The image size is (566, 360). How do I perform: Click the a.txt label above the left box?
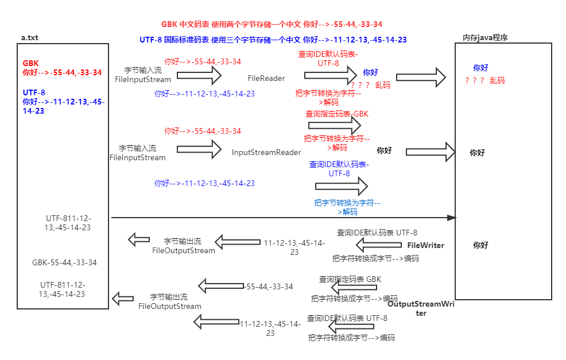coord(29,38)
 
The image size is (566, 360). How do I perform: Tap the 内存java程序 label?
coord(485,38)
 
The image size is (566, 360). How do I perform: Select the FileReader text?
coord(266,78)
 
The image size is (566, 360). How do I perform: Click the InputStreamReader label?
coord(266,153)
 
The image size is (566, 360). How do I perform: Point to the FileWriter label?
coord(426,245)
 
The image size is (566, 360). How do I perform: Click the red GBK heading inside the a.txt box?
coord(31,63)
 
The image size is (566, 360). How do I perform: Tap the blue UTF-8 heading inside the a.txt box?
coord(34,92)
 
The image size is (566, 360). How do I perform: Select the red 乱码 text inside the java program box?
coord(497,81)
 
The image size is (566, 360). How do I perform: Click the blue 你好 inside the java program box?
coord(480,68)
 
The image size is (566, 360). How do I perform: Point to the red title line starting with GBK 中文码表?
coord(272,25)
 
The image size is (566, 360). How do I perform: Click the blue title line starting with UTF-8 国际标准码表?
coord(273,40)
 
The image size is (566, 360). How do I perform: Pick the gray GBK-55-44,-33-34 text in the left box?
coord(64,263)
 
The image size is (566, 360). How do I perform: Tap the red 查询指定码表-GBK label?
coord(336,114)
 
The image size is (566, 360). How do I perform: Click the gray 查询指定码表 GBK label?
coord(350,279)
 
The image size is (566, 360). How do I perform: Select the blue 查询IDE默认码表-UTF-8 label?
coord(339,169)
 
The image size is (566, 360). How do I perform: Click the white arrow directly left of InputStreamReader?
coord(199,149)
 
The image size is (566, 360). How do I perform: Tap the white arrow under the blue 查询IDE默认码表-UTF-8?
coord(341,186)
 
